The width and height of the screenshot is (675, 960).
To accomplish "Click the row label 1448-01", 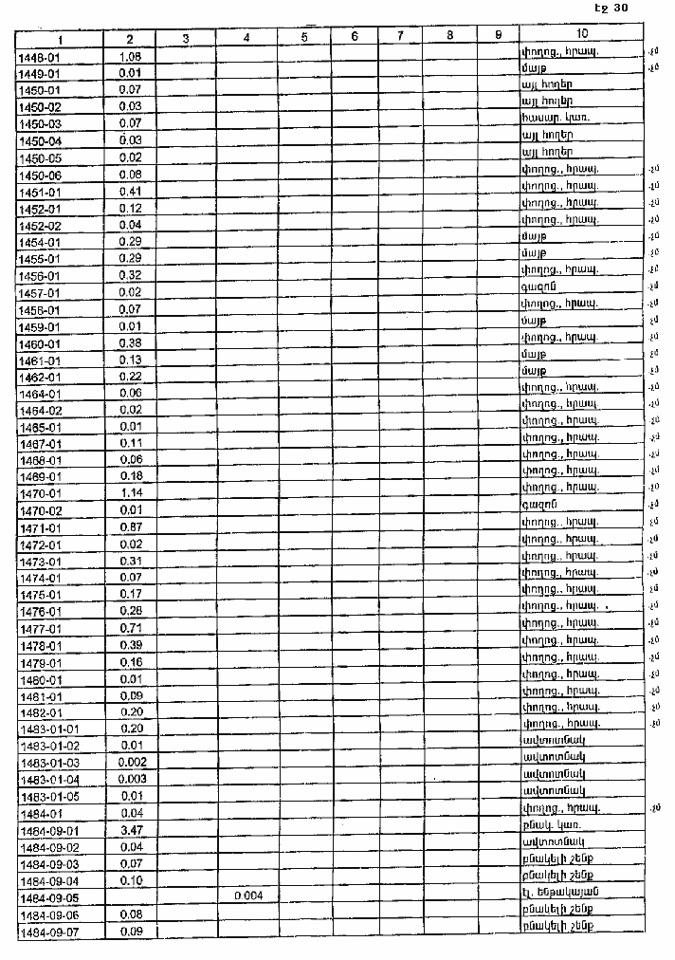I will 40,58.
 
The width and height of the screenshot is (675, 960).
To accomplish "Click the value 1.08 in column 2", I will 131,57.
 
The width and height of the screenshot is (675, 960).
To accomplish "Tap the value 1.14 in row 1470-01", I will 131,494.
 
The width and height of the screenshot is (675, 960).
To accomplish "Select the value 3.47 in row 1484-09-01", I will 131,830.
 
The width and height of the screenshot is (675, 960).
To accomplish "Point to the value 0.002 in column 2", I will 131,763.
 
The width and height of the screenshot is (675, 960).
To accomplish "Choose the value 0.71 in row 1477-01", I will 131,629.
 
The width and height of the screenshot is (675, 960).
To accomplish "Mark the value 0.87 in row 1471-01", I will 131,527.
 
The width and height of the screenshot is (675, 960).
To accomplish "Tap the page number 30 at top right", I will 620,9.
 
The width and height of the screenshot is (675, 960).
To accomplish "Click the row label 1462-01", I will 40,378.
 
